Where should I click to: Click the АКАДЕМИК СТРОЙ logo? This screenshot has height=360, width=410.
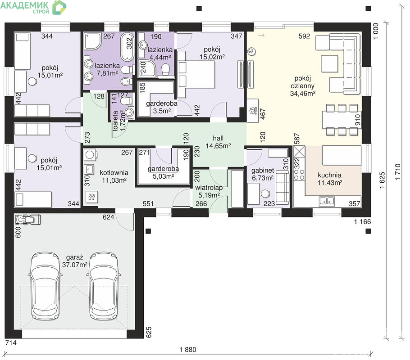pos(33,7)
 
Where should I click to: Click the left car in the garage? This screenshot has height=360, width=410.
pos(45,286)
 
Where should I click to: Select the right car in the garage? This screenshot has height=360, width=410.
pos(104,286)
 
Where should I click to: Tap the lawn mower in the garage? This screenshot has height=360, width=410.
pos(28,220)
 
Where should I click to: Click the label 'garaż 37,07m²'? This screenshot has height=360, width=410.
pos(74,261)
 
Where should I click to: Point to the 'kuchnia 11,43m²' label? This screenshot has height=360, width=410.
pos(329,179)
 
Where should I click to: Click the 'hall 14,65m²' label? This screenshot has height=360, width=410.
pos(218,142)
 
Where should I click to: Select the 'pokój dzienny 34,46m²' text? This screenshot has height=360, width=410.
pos(302,85)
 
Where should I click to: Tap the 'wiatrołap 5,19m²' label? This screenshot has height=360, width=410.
pos(209,191)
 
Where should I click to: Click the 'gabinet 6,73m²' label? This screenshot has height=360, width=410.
pos(263,174)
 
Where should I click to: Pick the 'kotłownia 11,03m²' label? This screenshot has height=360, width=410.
pos(114,176)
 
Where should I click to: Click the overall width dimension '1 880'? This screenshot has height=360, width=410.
pos(188,350)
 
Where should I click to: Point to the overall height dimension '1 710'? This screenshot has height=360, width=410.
pos(398,171)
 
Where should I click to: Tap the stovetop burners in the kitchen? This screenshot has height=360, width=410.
pos(299,175)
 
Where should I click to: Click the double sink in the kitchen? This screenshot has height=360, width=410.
pos(327,201)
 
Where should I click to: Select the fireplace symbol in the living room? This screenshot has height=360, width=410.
pos(253,111)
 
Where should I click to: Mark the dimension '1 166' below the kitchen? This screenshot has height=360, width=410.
pos(362,222)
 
